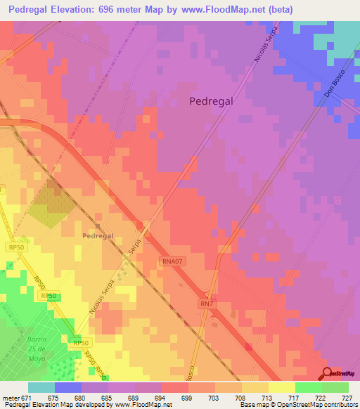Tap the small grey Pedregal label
click(97, 237)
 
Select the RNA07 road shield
click(172, 260)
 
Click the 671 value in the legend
click(25, 397)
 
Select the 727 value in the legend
click(345, 397)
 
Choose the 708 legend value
click(238, 397)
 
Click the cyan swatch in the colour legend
click(41, 387)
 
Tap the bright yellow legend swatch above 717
click(281, 387)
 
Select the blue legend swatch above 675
click(68, 387)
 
